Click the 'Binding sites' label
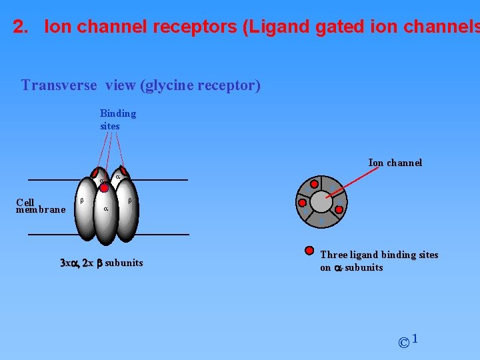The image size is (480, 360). [x=117, y=119]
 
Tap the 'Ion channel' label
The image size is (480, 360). [x=395, y=163]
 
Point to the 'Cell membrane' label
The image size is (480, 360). [x=40, y=206]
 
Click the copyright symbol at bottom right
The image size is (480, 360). [x=403, y=343]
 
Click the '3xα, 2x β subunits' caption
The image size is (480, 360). [x=101, y=263]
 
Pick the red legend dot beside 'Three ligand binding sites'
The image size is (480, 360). [x=309, y=251]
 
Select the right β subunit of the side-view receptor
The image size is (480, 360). [x=127, y=213]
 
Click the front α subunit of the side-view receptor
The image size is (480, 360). [x=105, y=217]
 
